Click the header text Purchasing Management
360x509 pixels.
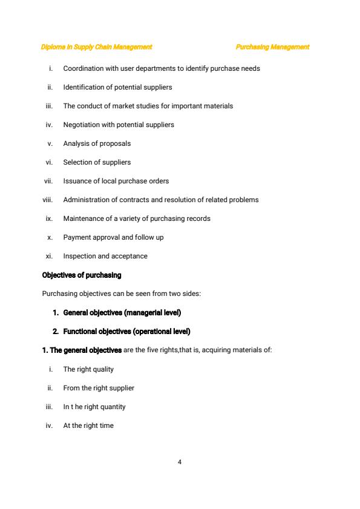point(272,47)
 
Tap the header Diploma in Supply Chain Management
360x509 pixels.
point(96,47)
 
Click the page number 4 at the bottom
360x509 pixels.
point(180,462)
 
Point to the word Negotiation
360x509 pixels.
point(80,125)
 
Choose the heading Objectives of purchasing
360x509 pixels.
point(82,275)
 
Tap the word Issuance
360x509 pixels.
point(76,181)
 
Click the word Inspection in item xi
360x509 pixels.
point(78,256)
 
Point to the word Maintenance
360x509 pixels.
point(83,218)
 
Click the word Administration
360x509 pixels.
point(85,200)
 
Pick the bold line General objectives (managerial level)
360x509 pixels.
point(121,313)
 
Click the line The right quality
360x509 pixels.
point(88,369)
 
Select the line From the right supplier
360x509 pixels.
point(99,388)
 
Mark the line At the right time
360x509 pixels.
point(88,425)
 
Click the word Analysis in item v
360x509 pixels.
point(76,143)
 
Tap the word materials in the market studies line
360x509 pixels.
point(218,106)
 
